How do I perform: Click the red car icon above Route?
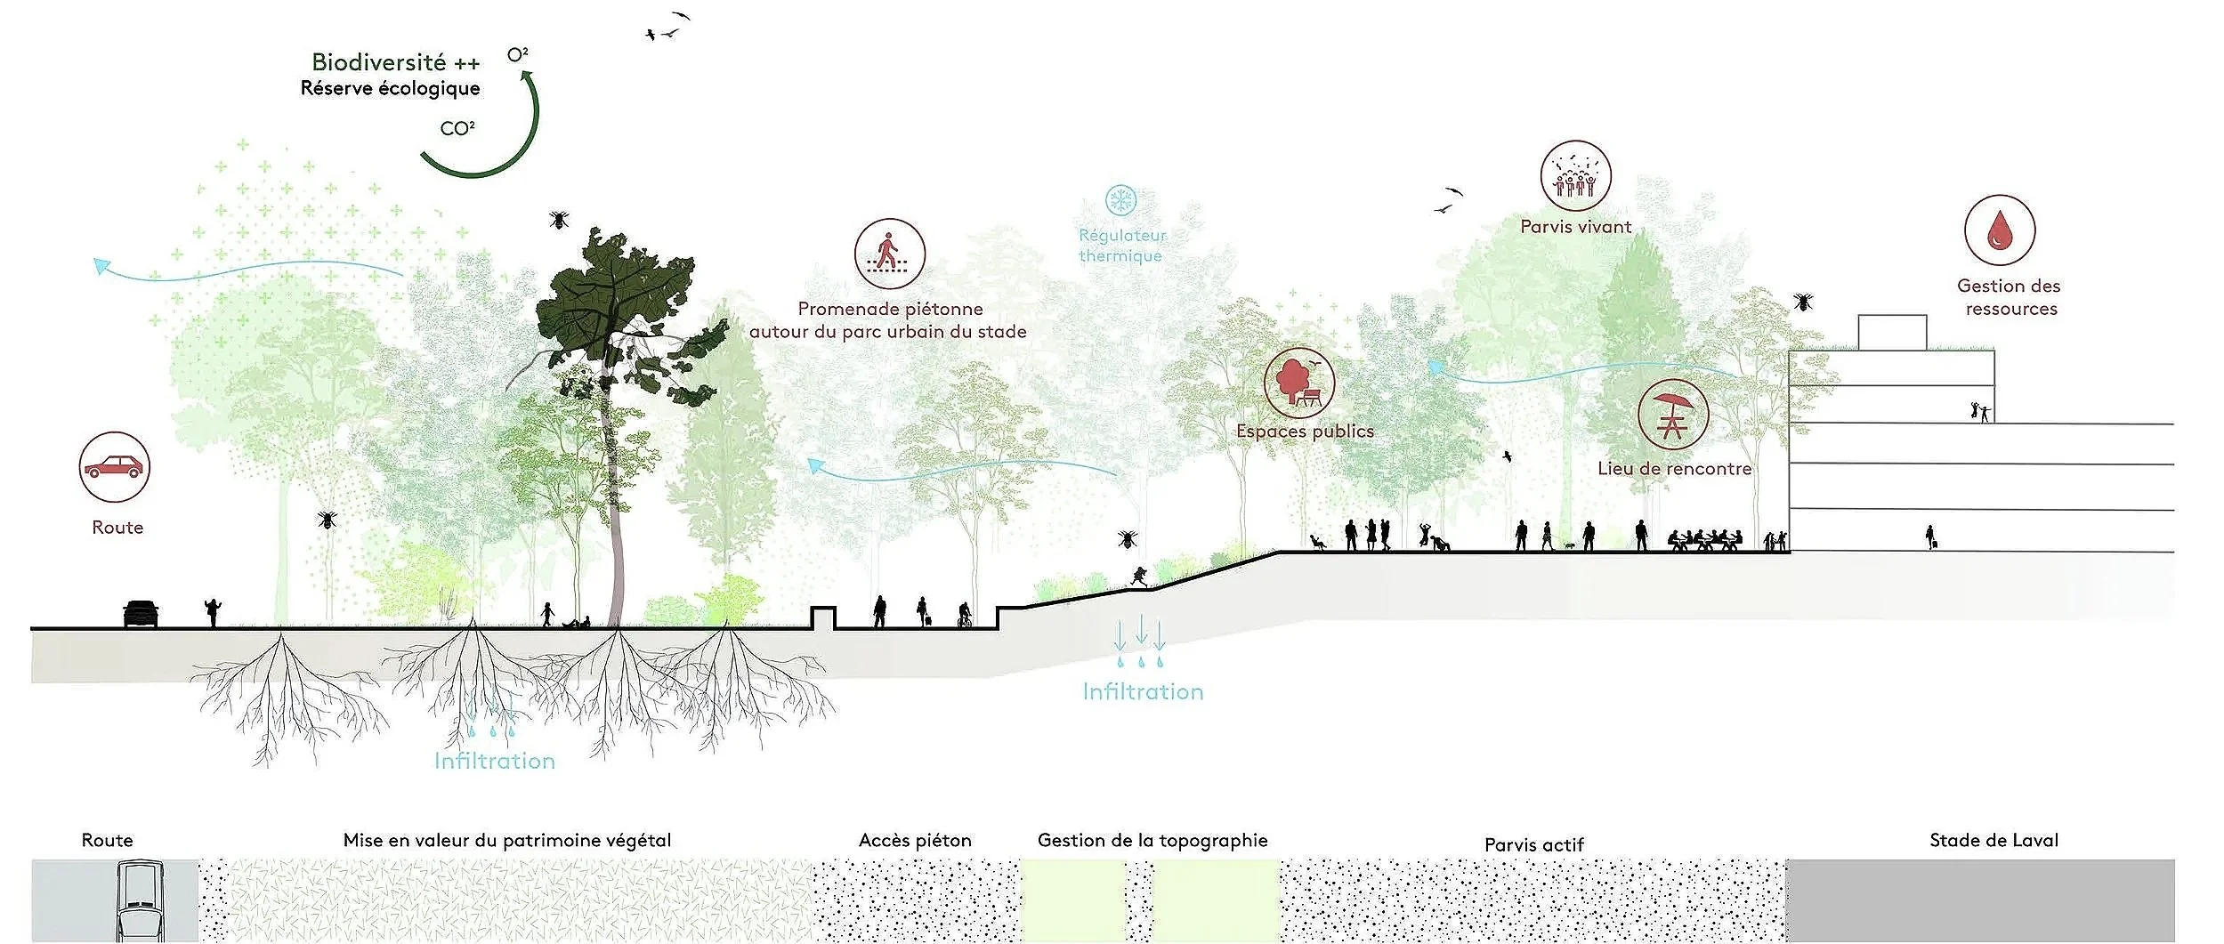coord(113,467)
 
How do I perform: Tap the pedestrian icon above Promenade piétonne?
coord(889,254)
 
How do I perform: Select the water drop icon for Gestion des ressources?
coord(2000,230)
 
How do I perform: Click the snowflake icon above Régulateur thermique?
coord(1120,200)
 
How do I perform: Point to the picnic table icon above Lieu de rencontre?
coord(1672,414)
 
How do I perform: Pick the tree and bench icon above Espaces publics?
coord(1298,383)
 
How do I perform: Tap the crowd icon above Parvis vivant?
coord(1575,176)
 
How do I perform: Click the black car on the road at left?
coord(141,613)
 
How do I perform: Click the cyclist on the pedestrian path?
coord(964,615)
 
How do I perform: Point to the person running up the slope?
coord(1138,577)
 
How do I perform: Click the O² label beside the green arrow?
coord(517,55)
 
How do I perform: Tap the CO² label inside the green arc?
coord(457,129)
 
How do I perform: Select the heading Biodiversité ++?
coord(395,62)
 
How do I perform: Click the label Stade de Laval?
coord(1994,840)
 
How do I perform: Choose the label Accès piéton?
coord(915,840)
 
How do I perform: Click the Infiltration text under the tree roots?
coord(494,761)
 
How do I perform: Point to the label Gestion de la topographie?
coord(1152,840)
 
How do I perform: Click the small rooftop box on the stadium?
coord(1892,333)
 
